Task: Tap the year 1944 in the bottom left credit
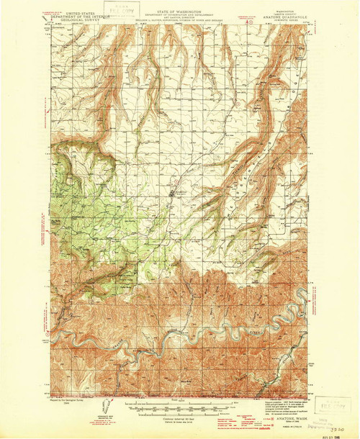tap(69, 403)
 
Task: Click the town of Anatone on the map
tap(171, 193)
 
